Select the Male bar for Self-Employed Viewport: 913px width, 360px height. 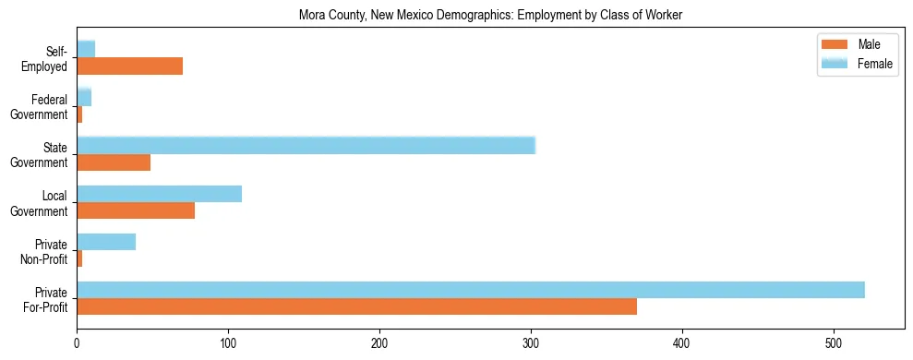[129, 66]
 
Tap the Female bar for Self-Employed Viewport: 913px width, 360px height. [86, 49]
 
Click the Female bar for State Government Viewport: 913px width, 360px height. [306, 146]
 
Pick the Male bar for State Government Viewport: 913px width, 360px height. [114, 162]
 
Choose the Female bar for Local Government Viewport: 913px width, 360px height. [159, 194]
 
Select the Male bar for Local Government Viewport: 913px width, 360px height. [136, 210]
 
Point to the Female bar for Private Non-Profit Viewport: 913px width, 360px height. [106, 242]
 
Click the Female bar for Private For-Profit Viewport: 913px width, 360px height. [471, 290]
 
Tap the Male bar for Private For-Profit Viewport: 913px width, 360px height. [356, 306]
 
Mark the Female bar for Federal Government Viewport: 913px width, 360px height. [84, 98]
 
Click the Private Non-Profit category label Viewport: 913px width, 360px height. [45, 251]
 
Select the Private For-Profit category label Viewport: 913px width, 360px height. [45, 299]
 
